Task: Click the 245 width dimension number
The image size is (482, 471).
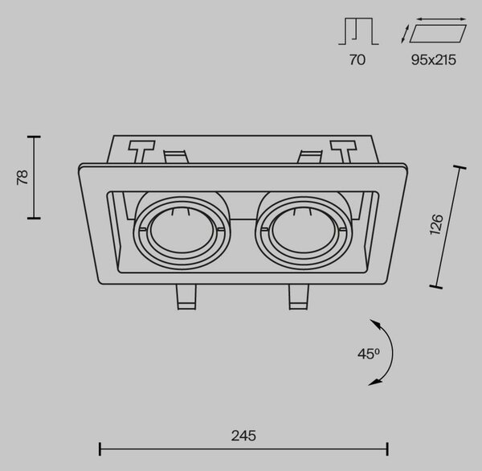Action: [x=243, y=436]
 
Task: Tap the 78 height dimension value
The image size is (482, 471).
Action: [x=22, y=177]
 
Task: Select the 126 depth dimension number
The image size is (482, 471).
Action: [x=436, y=224]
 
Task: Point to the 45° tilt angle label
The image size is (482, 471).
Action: [x=369, y=354]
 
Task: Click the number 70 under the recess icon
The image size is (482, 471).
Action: [x=357, y=59]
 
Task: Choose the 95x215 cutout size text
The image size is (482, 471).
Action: [x=434, y=59]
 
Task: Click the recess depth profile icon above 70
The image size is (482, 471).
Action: [x=358, y=31]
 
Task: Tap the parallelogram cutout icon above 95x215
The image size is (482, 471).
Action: [x=438, y=33]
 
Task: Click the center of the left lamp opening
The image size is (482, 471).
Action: [x=182, y=233]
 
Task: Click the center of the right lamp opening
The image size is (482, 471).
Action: [x=303, y=233]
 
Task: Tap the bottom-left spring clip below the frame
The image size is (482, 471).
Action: [x=186, y=297]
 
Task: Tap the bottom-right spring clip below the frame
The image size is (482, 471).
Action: [x=298, y=297]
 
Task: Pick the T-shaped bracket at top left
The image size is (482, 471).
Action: [x=141, y=152]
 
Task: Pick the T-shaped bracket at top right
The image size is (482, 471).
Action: [x=344, y=152]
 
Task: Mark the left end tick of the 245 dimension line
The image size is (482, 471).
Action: [x=100, y=448]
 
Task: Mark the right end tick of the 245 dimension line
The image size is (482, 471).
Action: [x=388, y=448]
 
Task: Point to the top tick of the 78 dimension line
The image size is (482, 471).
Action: [x=34, y=137]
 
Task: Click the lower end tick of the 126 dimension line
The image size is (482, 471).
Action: [x=436, y=287]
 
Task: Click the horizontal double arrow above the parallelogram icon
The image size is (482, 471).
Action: [x=441, y=19]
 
